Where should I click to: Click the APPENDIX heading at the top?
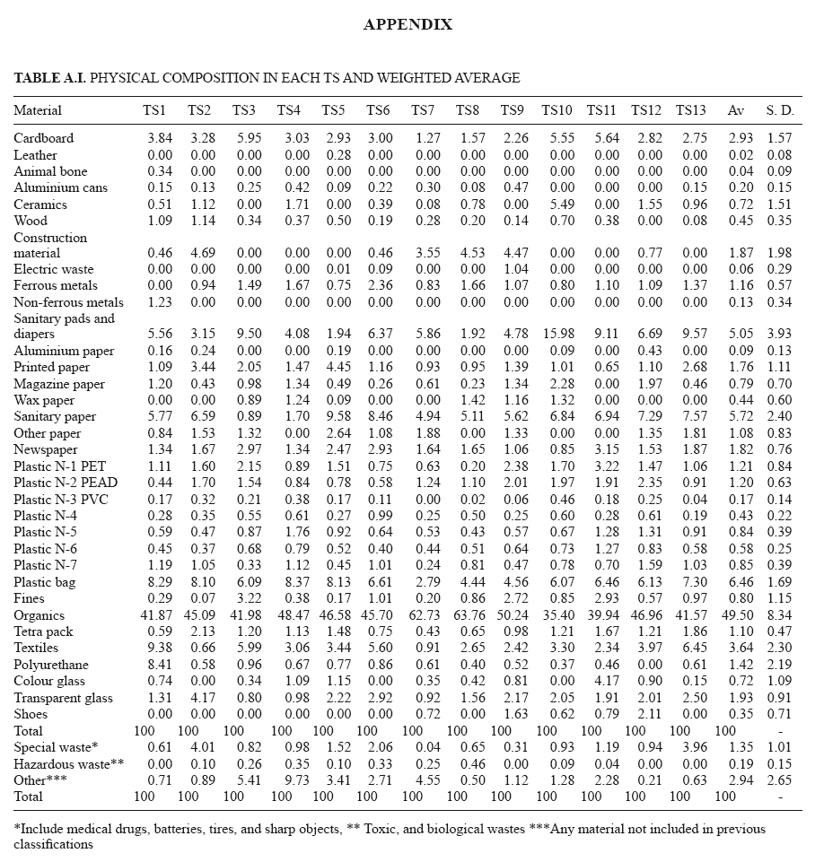click(407, 25)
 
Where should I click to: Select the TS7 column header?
click(423, 111)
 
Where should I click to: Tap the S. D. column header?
click(780, 111)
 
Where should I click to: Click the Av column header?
click(736, 111)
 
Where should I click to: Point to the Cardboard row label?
click(43, 138)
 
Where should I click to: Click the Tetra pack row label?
click(42, 631)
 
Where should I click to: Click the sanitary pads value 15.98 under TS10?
click(557, 335)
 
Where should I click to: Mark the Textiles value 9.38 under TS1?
click(157, 649)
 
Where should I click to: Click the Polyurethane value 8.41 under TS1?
click(157, 665)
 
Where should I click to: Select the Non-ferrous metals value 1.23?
click(157, 302)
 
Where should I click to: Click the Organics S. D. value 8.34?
click(781, 615)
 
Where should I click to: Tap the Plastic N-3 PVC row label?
click(62, 500)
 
